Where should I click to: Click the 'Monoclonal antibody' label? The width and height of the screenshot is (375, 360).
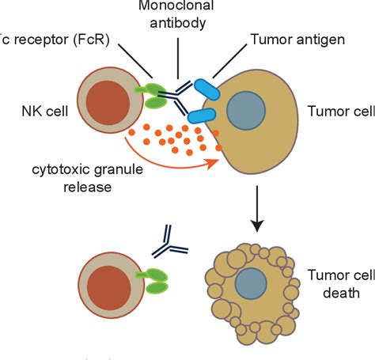178,17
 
